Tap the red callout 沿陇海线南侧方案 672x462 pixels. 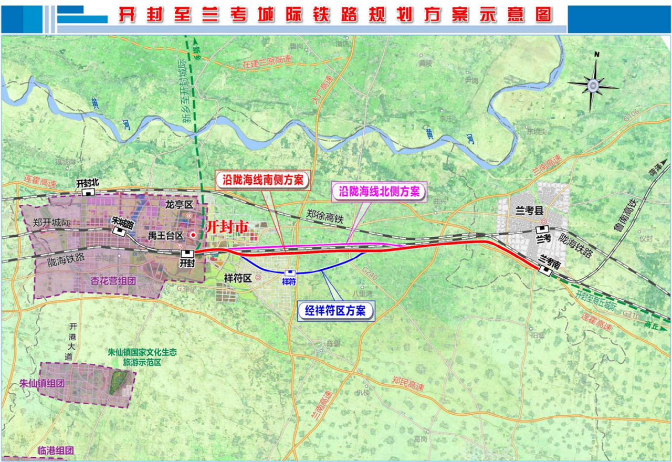[263, 179]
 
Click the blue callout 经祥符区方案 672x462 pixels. [336, 311]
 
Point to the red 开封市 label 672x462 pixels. [227, 227]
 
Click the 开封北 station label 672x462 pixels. [87, 183]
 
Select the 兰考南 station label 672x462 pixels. [551, 259]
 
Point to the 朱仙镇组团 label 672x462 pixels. [41, 383]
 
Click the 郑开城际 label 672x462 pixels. [51, 223]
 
